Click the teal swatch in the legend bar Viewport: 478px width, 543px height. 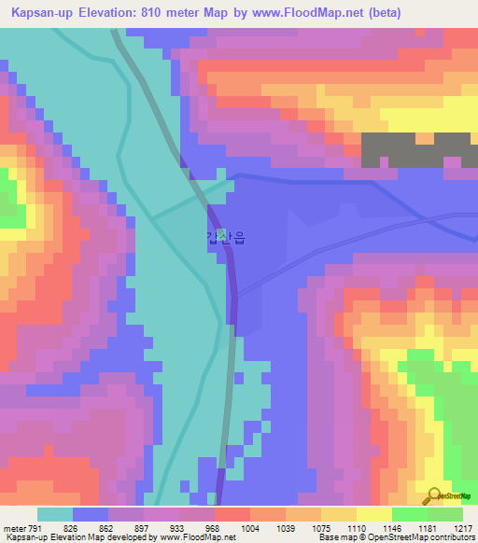coord(55,514)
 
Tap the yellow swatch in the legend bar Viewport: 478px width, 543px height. coord(373,514)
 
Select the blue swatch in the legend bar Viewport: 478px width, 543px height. coord(91,514)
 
